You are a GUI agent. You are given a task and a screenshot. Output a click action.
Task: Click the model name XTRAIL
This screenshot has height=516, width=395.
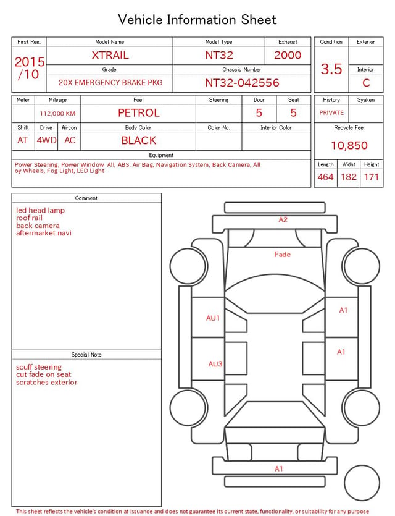pyautogui.click(x=110, y=55)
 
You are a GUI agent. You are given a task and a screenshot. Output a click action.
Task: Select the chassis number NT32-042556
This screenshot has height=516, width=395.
pyautogui.click(x=242, y=83)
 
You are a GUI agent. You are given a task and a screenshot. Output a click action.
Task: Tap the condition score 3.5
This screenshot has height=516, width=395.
pyautogui.click(x=331, y=69)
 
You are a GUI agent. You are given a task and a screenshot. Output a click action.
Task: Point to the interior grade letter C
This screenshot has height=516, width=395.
pyautogui.click(x=366, y=83)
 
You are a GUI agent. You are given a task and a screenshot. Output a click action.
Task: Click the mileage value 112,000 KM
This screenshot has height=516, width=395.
pyautogui.click(x=57, y=114)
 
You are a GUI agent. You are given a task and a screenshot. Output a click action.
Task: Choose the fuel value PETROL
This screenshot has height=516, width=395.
pyautogui.click(x=139, y=113)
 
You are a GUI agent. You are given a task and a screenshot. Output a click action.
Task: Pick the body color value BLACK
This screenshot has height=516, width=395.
pyautogui.click(x=139, y=140)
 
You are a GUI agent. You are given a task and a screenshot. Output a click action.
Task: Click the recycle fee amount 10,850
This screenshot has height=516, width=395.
pyautogui.click(x=349, y=145)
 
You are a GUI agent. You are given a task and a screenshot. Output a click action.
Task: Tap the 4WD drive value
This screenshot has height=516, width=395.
pyautogui.click(x=46, y=140)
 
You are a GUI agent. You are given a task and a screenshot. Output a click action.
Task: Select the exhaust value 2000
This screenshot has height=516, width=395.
pyautogui.click(x=288, y=55)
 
